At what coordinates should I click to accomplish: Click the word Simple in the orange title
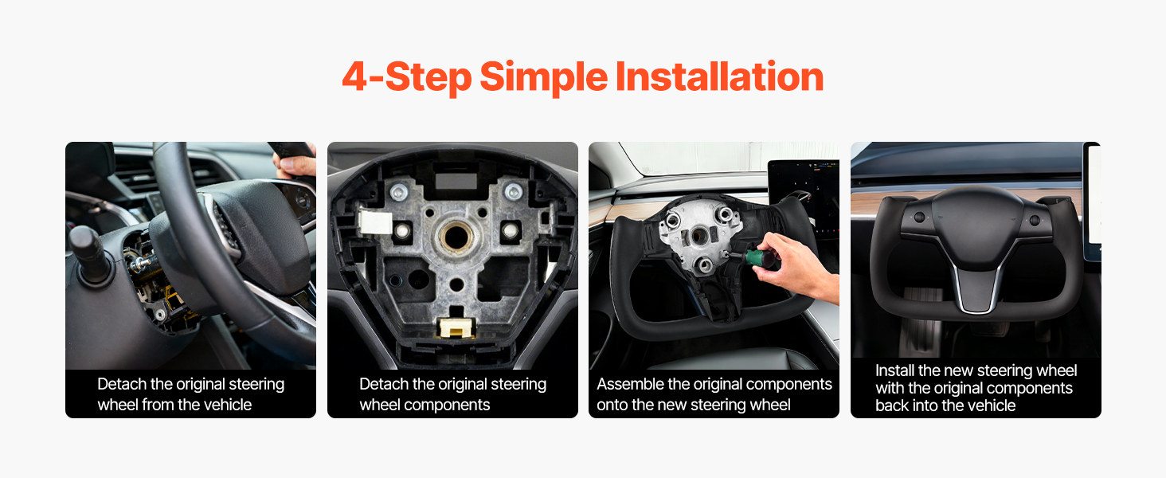pos(543,77)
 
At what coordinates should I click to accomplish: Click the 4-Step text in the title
pos(407,77)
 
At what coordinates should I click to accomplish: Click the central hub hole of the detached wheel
pos(456,237)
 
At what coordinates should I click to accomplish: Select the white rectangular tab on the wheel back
pos(375,222)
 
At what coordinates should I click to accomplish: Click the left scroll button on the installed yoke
pos(919,217)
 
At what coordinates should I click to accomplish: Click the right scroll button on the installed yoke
pos(1035,220)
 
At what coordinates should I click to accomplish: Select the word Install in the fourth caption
pos(894,370)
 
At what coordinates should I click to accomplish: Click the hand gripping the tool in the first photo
pos(295,167)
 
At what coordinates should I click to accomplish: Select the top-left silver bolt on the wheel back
pos(399,192)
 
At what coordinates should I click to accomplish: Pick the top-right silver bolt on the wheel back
pos(513,192)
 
